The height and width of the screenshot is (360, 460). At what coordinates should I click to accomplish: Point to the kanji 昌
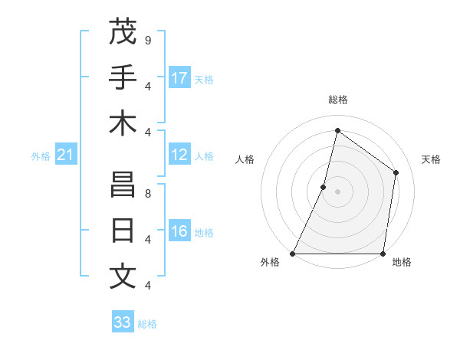(123, 185)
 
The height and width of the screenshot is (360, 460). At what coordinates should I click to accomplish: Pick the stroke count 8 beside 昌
(147, 193)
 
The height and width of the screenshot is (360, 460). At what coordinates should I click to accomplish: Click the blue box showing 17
(179, 77)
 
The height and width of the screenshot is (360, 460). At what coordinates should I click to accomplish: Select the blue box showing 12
(179, 155)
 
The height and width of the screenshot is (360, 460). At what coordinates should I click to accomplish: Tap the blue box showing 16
(179, 231)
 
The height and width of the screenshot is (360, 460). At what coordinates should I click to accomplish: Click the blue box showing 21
(65, 155)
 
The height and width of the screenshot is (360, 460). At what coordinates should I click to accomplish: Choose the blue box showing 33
(122, 322)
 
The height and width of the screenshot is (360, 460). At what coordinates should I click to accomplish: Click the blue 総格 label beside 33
(147, 324)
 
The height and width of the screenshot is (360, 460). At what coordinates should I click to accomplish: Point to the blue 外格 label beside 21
(41, 156)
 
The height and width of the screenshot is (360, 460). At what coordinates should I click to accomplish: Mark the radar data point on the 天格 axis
(396, 172)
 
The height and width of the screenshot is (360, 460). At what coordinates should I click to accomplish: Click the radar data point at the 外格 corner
(293, 254)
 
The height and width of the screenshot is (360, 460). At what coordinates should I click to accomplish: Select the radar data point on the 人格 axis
(324, 187)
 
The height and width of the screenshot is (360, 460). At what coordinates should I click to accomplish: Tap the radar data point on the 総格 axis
(337, 130)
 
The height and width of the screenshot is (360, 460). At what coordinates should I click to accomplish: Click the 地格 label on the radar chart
(402, 263)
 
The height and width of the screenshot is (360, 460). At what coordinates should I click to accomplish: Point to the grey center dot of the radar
(337, 191)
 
